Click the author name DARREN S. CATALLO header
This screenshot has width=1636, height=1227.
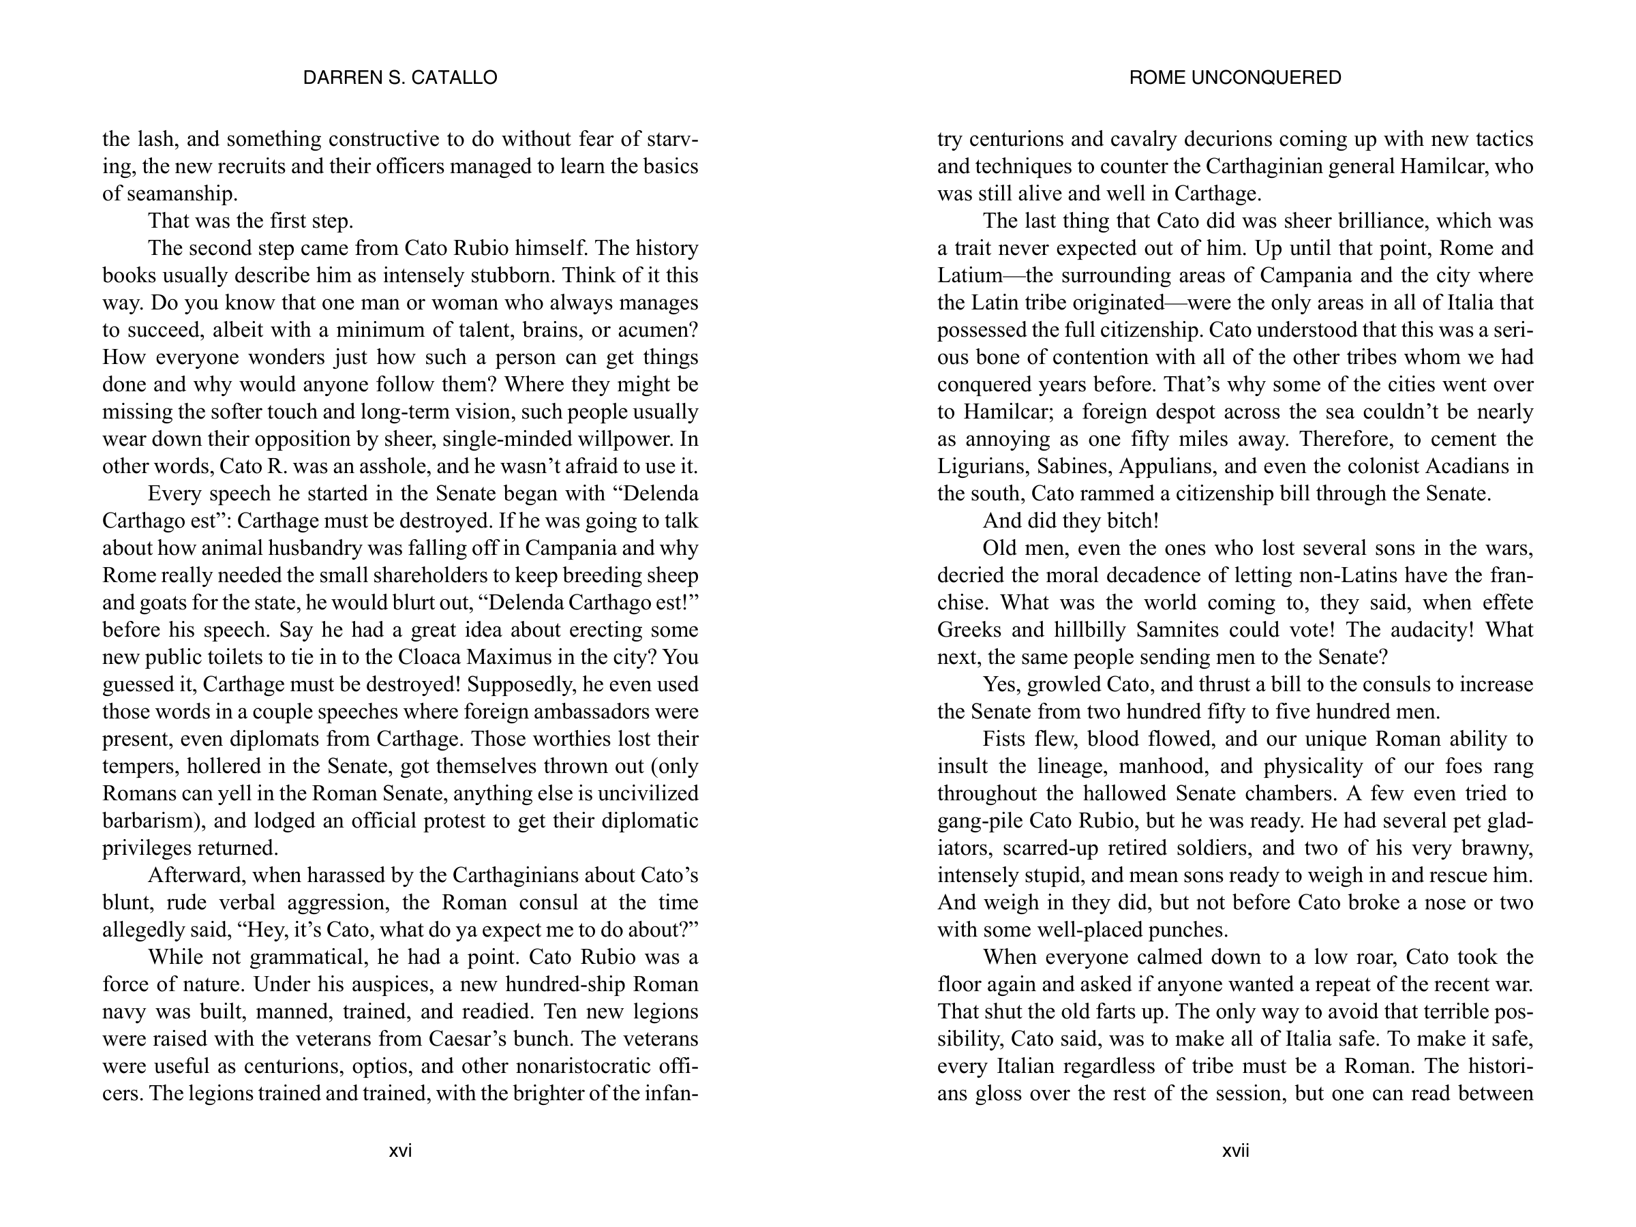coord(400,78)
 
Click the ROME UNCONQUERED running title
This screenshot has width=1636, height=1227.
coord(1235,78)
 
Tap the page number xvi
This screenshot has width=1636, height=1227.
coord(400,1151)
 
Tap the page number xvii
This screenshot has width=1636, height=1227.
coord(1235,1151)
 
